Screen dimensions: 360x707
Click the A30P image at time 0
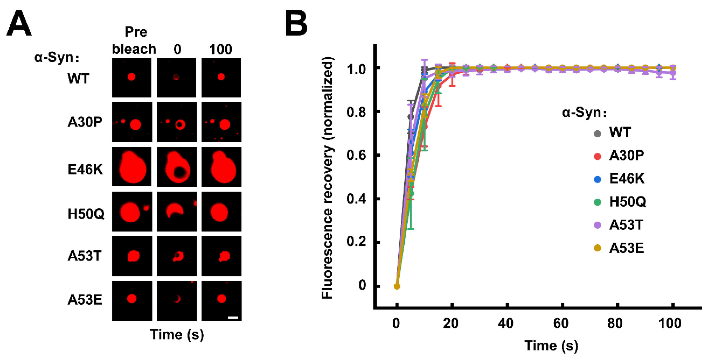pos(176,122)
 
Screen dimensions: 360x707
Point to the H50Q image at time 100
pos(221,211)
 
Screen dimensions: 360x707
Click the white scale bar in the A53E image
pos(233,318)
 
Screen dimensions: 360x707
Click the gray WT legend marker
pos(597,134)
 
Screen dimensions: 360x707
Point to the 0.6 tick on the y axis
pos(356,155)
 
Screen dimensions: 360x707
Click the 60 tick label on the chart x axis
pos(561,324)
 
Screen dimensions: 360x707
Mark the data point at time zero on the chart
pos(397,286)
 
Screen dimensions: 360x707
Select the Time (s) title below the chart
pos(551,346)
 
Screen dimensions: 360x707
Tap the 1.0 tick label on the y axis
pos(356,69)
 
